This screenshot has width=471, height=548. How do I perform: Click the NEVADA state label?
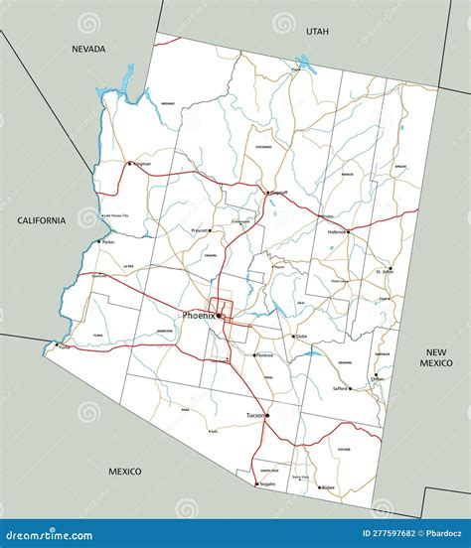click(x=88, y=49)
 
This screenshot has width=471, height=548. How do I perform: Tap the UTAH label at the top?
click(x=317, y=32)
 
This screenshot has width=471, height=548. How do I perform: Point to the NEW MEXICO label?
click(x=438, y=359)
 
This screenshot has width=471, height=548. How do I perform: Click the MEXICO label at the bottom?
click(x=125, y=471)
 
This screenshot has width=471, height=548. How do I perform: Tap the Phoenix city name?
click(x=198, y=316)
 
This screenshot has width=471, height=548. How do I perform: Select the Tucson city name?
click(x=254, y=416)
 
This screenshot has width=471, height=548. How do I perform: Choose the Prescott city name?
click(x=201, y=229)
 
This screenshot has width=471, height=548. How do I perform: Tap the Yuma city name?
click(x=65, y=347)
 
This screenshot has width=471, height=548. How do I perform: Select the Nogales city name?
click(x=267, y=484)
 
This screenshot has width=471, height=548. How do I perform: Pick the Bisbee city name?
click(x=327, y=487)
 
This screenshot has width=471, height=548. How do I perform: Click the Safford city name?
click(x=340, y=388)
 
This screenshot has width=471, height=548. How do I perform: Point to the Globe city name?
click(x=301, y=337)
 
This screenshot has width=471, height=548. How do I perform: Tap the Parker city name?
click(x=108, y=241)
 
